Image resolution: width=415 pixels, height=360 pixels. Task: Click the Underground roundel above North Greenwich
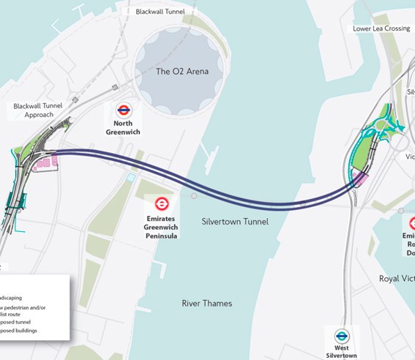[x=124, y=112]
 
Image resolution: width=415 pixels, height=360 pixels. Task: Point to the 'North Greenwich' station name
[x=124, y=129]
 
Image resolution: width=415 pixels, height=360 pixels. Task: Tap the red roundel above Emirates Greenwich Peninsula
[x=162, y=204]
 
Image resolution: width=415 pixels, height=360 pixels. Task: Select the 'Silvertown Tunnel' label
[x=235, y=221]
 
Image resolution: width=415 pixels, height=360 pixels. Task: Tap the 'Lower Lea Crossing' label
[x=382, y=29]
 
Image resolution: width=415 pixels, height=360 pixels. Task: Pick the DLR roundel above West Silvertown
[x=342, y=334]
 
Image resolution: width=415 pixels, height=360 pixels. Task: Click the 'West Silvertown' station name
[x=342, y=351]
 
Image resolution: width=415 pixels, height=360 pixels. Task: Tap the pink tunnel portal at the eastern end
[x=361, y=179]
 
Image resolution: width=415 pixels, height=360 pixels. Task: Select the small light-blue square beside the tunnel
[x=130, y=177]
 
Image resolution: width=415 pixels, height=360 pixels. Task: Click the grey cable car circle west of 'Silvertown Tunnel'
[x=194, y=196]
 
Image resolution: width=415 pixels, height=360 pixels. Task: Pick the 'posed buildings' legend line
[x=23, y=331]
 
